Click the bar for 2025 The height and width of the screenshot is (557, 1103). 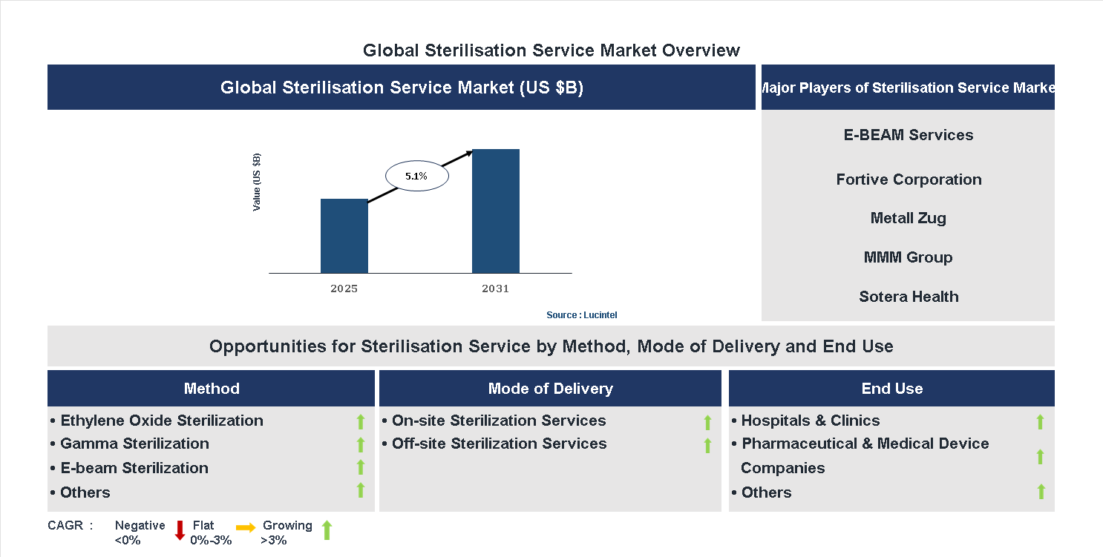[x=344, y=236]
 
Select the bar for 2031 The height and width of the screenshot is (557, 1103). [x=495, y=211]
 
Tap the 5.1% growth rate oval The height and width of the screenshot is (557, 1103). [x=416, y=177]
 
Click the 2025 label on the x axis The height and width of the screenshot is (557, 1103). [x=344, y=289]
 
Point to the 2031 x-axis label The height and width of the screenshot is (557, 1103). [x=495, y=289]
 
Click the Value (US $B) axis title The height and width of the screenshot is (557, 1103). [x=257, y=182]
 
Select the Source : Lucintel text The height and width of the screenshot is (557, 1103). [x=581, y=315]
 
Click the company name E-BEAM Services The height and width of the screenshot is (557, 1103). [x=908, y=135]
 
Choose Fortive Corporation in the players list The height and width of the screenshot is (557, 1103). [x=908, y=179]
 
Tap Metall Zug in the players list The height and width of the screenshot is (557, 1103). [x=908, y=218]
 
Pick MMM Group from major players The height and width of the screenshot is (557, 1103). [x=908, y=257]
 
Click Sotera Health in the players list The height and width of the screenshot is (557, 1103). [x=908, y=297]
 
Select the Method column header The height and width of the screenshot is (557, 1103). [x=212, y=389]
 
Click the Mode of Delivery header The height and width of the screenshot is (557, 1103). [x=550, y=389]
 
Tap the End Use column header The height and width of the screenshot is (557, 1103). [x=891, y=389]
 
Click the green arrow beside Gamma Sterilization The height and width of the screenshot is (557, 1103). [x=361, y=444]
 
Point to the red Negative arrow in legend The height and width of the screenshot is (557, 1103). [x=180, y=530]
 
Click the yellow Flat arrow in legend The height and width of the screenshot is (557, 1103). [x=246, y=527]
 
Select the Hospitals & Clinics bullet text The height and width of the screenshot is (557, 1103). [x=810, y=421]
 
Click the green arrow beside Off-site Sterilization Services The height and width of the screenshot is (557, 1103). [x=707, y=445]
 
